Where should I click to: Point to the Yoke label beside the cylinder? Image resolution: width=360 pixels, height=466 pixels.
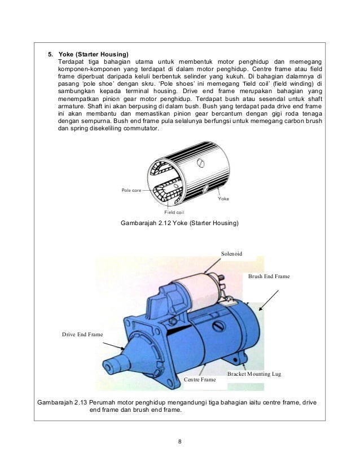pos(223,199)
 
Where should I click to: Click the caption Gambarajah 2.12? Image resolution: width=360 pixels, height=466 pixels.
pos(179,224)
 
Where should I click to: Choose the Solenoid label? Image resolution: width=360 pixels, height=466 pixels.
pos(231,254)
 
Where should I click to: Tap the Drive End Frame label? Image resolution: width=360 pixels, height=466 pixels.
pos(82,335)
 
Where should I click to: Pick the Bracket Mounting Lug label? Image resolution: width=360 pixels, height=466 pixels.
pos(253,374)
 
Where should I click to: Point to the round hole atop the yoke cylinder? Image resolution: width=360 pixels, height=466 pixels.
pos(201,164)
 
